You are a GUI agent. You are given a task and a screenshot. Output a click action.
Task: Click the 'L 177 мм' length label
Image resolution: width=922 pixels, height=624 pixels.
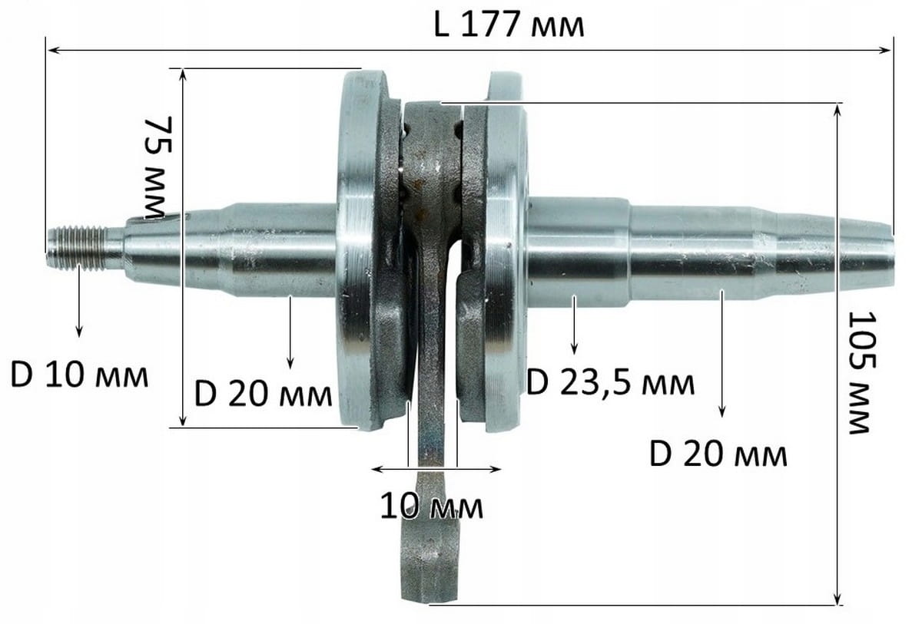point(509,25)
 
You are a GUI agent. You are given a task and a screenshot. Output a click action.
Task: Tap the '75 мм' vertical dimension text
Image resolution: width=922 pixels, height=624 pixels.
point(158,168)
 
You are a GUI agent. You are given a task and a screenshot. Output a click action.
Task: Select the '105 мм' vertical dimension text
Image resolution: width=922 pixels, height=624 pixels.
point(863,372)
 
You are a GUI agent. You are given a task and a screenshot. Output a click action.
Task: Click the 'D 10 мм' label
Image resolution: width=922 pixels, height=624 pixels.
point(79,375)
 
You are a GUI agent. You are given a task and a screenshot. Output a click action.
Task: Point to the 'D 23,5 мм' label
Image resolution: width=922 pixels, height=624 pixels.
point(610,383)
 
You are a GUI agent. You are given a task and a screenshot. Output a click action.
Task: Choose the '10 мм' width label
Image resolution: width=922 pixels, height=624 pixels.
point(431,507)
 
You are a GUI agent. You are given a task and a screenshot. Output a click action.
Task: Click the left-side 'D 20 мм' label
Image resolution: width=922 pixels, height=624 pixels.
point(263,394)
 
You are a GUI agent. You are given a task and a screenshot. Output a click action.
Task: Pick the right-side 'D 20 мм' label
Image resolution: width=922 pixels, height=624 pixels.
point(718,454)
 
